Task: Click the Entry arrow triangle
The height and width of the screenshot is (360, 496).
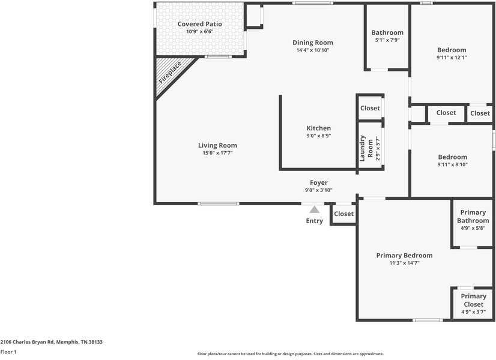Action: (314, 209)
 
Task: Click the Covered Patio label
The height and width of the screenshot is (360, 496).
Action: (199, 24)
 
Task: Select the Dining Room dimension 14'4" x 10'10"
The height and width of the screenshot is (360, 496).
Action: (312, 50)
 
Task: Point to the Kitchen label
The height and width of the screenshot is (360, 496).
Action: (318, 128)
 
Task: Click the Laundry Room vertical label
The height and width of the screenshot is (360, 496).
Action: (363, 148)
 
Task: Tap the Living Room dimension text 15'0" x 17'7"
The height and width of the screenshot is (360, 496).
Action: (217, 153)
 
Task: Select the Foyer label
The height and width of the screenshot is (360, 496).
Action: (318, 182)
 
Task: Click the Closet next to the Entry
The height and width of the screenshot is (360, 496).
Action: (343, 214)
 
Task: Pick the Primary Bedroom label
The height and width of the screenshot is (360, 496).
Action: (404, 256)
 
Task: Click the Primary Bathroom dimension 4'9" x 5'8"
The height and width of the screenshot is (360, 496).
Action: (473, 228)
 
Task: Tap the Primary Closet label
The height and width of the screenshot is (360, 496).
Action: (473, 300)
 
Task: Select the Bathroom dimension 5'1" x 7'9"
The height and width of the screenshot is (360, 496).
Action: (387, 40)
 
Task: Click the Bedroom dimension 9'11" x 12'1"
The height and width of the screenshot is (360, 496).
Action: (452, 58)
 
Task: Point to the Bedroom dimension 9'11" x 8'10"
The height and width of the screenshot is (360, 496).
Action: (452, 164)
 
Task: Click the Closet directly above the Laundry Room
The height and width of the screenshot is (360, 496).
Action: (370, 108)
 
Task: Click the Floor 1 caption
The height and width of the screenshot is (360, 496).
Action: (8, 352)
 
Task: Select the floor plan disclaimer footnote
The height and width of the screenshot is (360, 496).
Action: (290, 354)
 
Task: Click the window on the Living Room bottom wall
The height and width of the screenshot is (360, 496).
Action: (219, 203)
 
